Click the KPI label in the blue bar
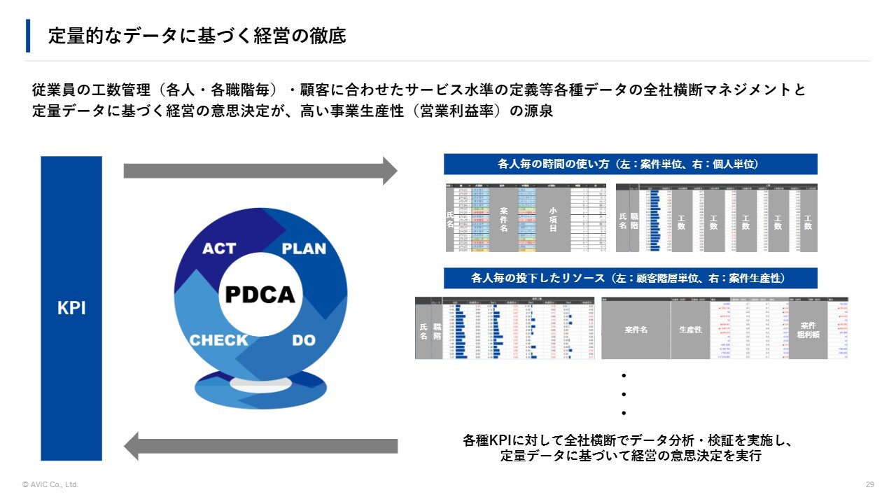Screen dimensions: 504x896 click(71, 309)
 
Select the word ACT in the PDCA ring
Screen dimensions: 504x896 click(219, 248)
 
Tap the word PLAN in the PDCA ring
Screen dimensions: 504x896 click(304, 248)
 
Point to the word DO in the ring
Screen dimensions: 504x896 click(304, 340)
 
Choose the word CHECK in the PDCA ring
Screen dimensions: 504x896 click(219, 340)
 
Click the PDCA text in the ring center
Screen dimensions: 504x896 click(260, 295)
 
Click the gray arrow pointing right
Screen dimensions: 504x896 click(260, 171)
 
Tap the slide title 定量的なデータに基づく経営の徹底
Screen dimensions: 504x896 click(197, 36)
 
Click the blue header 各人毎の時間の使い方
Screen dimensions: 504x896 click(630, 164)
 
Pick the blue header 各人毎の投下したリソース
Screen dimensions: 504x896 click(630, 278)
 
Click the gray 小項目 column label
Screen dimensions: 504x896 click(553, 219)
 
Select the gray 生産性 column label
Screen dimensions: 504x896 click(690, 329)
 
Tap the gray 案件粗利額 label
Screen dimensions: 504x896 click(808, 330)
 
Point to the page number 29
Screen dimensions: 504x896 click(870, 484)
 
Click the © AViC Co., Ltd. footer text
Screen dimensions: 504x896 click(50, 484)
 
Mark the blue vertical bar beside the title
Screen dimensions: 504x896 click(28, 36)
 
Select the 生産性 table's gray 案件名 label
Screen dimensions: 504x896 click(636, 329)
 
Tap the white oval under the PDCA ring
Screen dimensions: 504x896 click(260, 384)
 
